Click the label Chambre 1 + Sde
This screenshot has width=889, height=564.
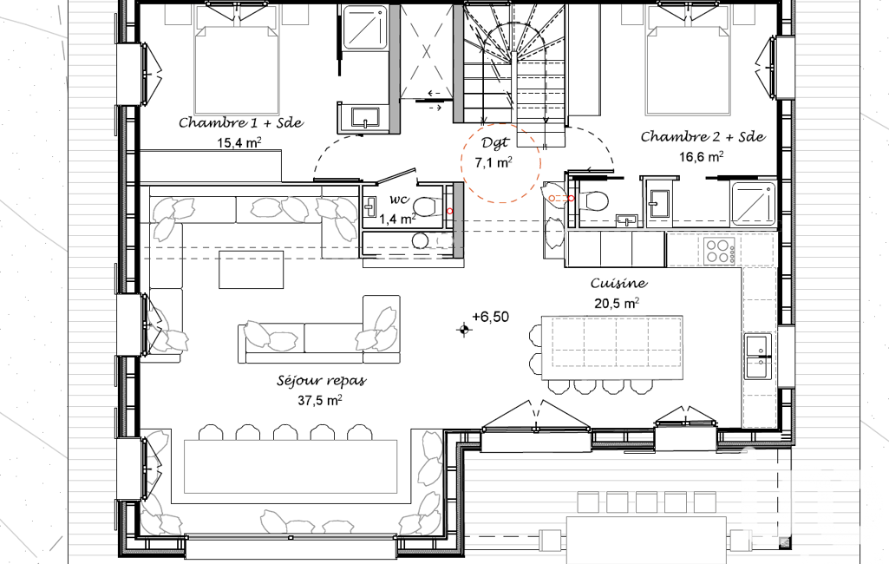(x=241, y=122)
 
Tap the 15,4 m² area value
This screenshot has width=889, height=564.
(x=239, y=142)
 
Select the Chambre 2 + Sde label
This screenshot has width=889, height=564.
(x=703, y=136)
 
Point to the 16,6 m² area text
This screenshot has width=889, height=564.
(x=702, y=156)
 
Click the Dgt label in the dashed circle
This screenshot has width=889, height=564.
(x=495, y=143)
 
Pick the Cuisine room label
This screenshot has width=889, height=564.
(x=618, y=283)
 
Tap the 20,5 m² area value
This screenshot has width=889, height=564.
(x=617, y=303)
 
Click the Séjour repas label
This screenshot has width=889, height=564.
(x=322, y=380)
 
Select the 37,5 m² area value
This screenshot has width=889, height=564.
(x=320, y=400)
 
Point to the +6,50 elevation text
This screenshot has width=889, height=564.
(x=490, y=317)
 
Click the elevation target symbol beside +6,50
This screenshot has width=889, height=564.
(x=464, y=329)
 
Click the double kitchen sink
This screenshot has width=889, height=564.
(x=758, y=356)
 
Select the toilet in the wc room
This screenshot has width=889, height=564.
(x=426, y=207)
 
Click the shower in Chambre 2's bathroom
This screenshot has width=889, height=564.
(x=754, y=202)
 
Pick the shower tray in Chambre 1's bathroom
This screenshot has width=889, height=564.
(x=366, y=28)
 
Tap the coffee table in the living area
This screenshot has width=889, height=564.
(x=252, y=270)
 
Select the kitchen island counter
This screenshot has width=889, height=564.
(x=611, y=348)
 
